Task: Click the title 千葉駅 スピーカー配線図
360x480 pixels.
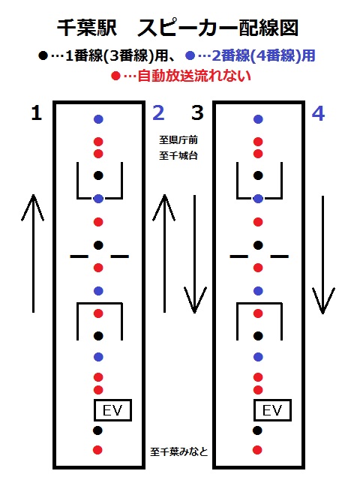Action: (x=178, y=28)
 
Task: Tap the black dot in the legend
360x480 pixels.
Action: (x=43, y=56)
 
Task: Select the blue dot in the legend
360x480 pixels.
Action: (x=190, y=55)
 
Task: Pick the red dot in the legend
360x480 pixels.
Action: (x=115, y=76)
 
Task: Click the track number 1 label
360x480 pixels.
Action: (x=37, y=113)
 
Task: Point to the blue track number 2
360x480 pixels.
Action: (x=158, y=113)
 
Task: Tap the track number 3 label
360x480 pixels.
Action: (x=197, y=113)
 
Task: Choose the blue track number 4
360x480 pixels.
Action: (x=318, y=113)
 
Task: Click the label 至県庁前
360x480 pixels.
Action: (x=178, y=140)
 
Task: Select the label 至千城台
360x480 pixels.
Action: (x=178, y=155)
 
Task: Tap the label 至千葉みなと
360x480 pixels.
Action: (x=179, y=451)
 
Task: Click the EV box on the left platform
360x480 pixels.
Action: (x=112, y=410)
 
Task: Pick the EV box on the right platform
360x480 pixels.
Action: (x=272, y=410)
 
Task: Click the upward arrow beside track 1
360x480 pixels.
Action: (x=33, y=253)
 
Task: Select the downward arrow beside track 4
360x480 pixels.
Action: (x=323, y=255)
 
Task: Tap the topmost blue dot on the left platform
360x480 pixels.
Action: (x=98, y=119)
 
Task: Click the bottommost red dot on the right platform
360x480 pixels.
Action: (x=258, y=450)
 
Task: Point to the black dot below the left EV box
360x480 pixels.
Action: (x=97, y=430)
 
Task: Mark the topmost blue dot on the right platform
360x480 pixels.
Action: (x=258, y=119)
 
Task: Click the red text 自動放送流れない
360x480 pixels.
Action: (x=194, y=76)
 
